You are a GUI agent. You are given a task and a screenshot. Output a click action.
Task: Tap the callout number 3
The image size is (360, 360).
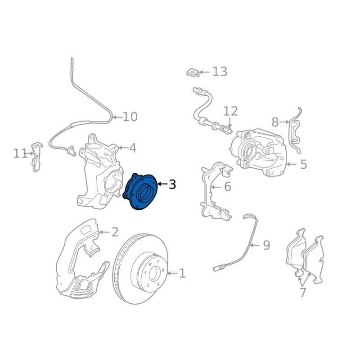tap(172, 184)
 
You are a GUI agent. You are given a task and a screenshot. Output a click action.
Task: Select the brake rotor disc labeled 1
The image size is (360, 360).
tap(140, 269)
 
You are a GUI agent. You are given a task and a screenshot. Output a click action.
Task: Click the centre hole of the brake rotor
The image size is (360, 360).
tap(153, 274)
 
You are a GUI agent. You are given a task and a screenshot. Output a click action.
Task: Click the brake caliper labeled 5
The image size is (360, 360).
tap(258, 153)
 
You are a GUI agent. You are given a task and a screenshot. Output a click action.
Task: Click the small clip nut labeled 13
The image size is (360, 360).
tap(193, 72)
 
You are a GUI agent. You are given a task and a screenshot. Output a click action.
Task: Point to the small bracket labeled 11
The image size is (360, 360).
tap(37, 157)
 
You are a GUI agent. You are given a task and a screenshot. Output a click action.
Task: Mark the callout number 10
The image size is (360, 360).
tap(130, 117)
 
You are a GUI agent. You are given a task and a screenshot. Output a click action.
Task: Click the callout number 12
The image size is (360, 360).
tap(230, 111)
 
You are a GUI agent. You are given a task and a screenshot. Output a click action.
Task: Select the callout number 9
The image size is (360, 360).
tap(266, 245)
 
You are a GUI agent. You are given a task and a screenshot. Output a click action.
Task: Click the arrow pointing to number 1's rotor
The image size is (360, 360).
tap(172, 273)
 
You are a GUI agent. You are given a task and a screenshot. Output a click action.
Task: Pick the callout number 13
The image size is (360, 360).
tap(220, 72)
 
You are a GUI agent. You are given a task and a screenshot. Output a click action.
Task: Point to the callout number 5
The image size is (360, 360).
tap(303, 164)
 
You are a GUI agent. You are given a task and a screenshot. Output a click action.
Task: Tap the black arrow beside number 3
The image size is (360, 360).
tap(162, 184)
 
